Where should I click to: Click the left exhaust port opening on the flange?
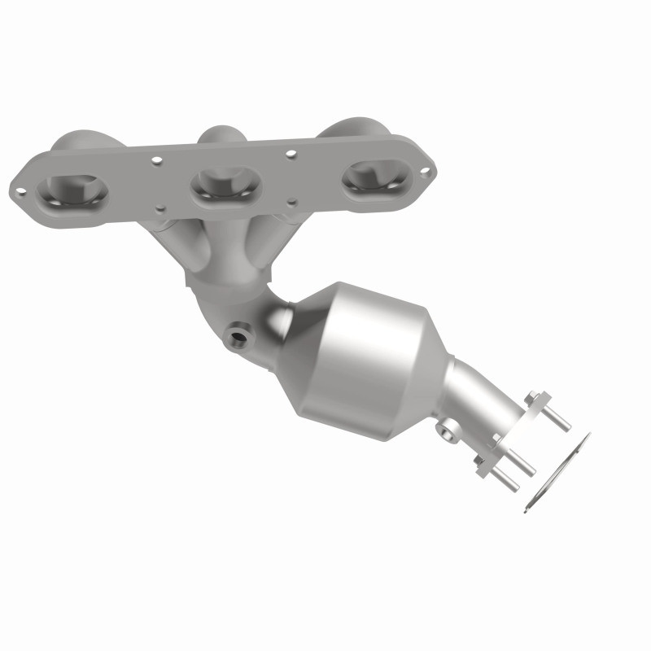click(x=72, y=193)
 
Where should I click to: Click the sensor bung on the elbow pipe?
click(x=237, y=334)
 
